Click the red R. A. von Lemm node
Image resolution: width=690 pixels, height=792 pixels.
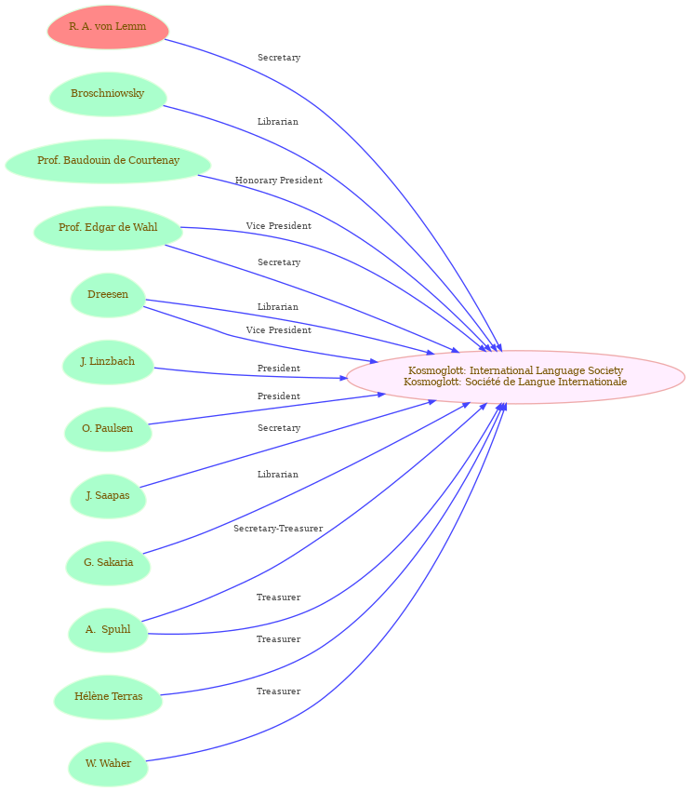tap(108, 27)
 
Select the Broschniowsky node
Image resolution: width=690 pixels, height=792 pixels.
tap(108, 94)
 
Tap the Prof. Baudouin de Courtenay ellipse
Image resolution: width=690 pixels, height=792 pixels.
tap(108, 161)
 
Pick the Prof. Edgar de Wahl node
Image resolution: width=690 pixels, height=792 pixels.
tap(108, 228)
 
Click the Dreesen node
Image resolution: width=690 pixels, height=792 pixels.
tap(108, 295)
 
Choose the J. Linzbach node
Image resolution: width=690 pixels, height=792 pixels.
tap(108, 362)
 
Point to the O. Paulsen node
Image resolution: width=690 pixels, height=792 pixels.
tap(108, 429)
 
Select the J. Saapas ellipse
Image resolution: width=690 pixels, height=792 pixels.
tap(108, 496)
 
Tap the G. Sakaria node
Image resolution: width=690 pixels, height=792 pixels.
tap(108, 563)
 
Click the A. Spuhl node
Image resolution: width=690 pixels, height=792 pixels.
tap(108, 630)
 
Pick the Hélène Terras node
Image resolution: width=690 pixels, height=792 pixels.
tap(108, 697)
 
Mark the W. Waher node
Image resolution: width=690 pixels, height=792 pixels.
tap(108, 764)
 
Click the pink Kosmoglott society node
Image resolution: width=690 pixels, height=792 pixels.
tap(516, 377)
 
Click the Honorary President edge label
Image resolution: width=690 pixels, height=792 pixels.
tap(279, 181)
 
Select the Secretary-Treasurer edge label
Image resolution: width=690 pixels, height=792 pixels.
tap(278, 529)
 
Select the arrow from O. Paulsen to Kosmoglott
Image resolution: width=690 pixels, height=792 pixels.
tap(268, 409)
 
